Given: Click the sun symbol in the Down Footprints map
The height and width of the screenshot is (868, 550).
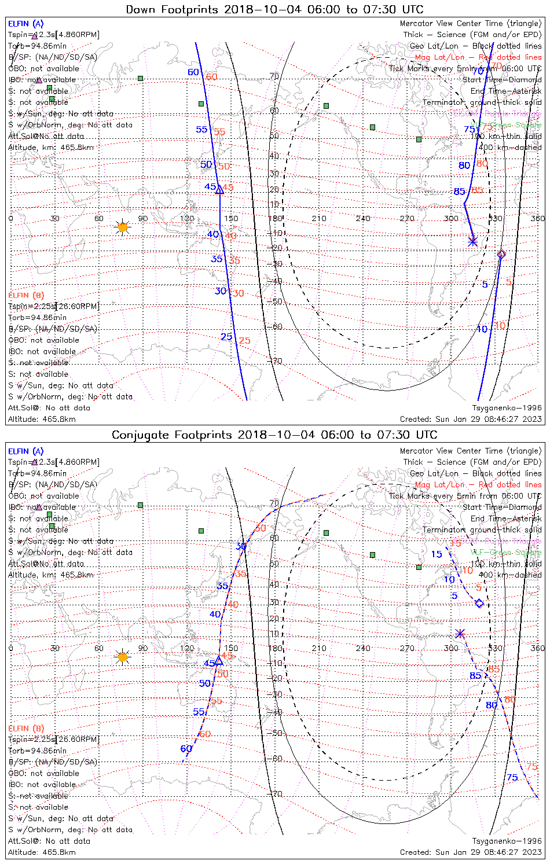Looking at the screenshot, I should (x=122, y=227).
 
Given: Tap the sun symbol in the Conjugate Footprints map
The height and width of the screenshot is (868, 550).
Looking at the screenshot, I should (x=122, y=656).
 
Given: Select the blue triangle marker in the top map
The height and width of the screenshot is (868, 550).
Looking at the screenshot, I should (x=219, y=189).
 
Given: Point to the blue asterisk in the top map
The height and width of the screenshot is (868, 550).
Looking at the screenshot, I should (x=473, y=241).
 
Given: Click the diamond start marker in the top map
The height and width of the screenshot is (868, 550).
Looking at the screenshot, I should (x=501, y=254).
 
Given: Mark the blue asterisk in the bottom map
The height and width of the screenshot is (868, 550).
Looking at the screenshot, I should (x=460, y=634).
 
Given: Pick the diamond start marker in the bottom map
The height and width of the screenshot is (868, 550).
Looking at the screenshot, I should (x=479, y=604).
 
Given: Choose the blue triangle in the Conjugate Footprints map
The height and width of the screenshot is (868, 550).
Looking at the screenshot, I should (x=219, y=660).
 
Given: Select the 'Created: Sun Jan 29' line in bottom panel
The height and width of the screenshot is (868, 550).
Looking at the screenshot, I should (x=471, y=852).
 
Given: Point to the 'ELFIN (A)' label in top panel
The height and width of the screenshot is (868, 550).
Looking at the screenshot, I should (x=25, y=24).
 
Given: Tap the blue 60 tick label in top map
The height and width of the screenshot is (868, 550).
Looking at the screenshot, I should (x=193, y=72).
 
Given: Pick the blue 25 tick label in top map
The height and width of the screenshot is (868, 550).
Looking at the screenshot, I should (x=226, y=337).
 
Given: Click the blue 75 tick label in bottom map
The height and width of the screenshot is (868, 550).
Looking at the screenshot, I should (x=512, y=777).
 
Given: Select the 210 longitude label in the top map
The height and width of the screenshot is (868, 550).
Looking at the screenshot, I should (x=319, y=218).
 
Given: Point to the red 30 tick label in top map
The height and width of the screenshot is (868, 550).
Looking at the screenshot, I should (x=239, y=294).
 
